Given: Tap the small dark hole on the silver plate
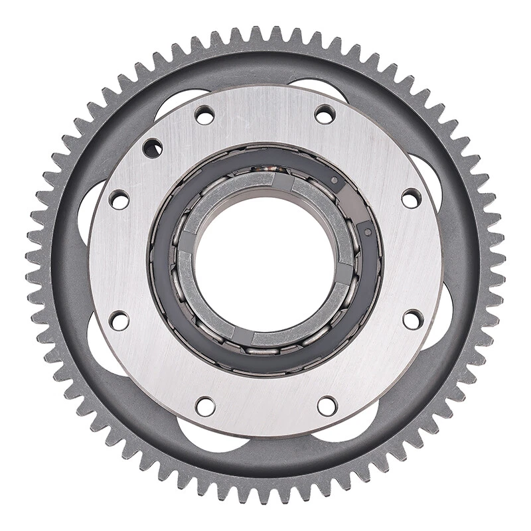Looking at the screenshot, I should coord(152,147).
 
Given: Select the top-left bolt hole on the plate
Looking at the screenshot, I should coord(204,115).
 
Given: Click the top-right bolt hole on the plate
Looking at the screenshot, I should coord(325,114).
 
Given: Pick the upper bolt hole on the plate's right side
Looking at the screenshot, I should coord(411,198).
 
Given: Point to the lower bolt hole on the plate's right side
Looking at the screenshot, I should coord(412,319).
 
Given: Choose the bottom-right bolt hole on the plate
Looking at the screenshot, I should coord(327,406).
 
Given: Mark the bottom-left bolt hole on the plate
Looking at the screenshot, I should coord(205,406).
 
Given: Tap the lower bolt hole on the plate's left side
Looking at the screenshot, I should coord(119,321).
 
